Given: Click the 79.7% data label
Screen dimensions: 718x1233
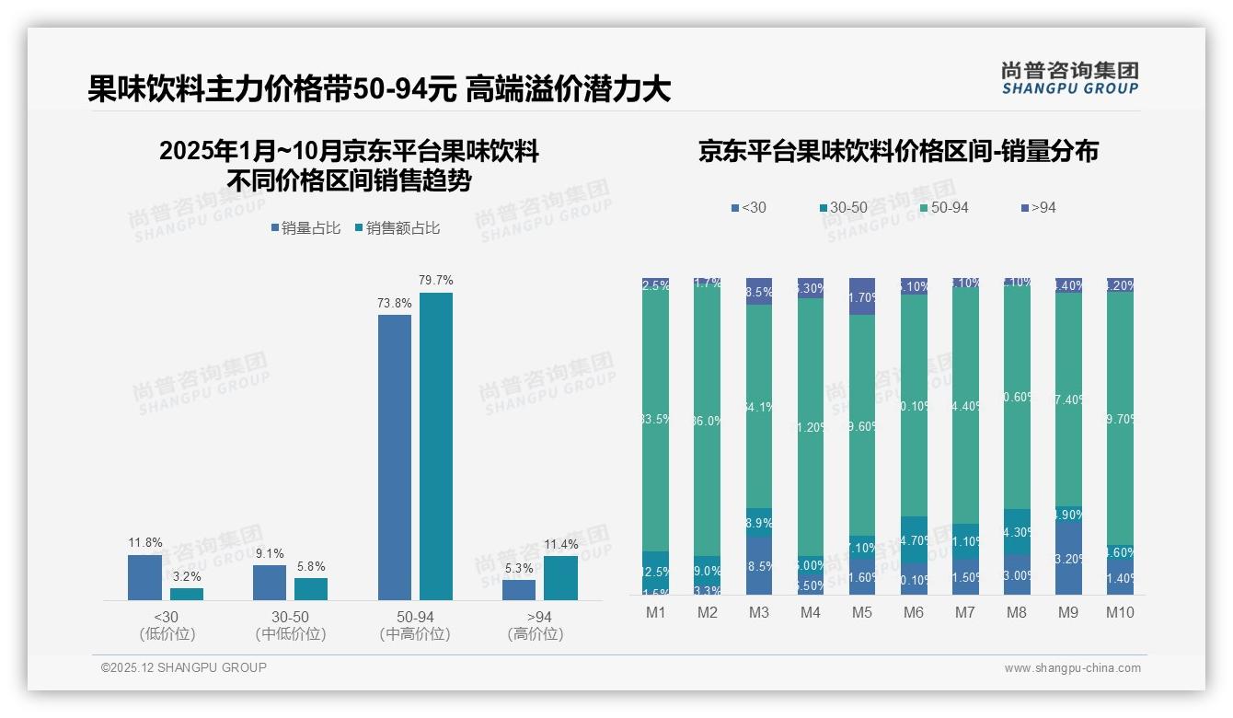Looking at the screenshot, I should tap(436, 280).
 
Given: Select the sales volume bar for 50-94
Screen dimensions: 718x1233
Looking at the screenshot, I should tap(395, 457).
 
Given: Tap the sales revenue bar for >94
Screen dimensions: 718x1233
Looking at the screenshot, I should tap(560, 577).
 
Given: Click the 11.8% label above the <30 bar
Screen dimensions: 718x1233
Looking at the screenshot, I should tap(144, 542).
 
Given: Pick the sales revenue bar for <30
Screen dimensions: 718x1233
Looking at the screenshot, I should tap(187, 594).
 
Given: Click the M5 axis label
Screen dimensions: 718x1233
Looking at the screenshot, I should tap(862, 612).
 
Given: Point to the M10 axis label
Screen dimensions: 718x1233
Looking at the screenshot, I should tap(1120, 612).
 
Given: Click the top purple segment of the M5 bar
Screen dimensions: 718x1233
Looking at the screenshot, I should tap(862, 296).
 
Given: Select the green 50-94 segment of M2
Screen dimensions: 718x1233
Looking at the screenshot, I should tap(708, 422).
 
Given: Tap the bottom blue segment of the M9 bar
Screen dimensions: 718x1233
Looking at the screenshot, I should tap(1068, 559).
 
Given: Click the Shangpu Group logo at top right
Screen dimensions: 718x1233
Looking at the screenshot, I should tap(1069, 77).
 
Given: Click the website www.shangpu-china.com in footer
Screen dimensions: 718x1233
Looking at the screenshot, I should tap(1072, 668).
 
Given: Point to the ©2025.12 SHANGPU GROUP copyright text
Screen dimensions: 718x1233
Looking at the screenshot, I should tap(184, 668).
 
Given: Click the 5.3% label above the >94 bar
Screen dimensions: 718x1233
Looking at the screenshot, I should tap(519, 569).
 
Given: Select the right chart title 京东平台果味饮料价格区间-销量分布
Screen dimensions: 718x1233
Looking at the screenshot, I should tap(898, 152).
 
